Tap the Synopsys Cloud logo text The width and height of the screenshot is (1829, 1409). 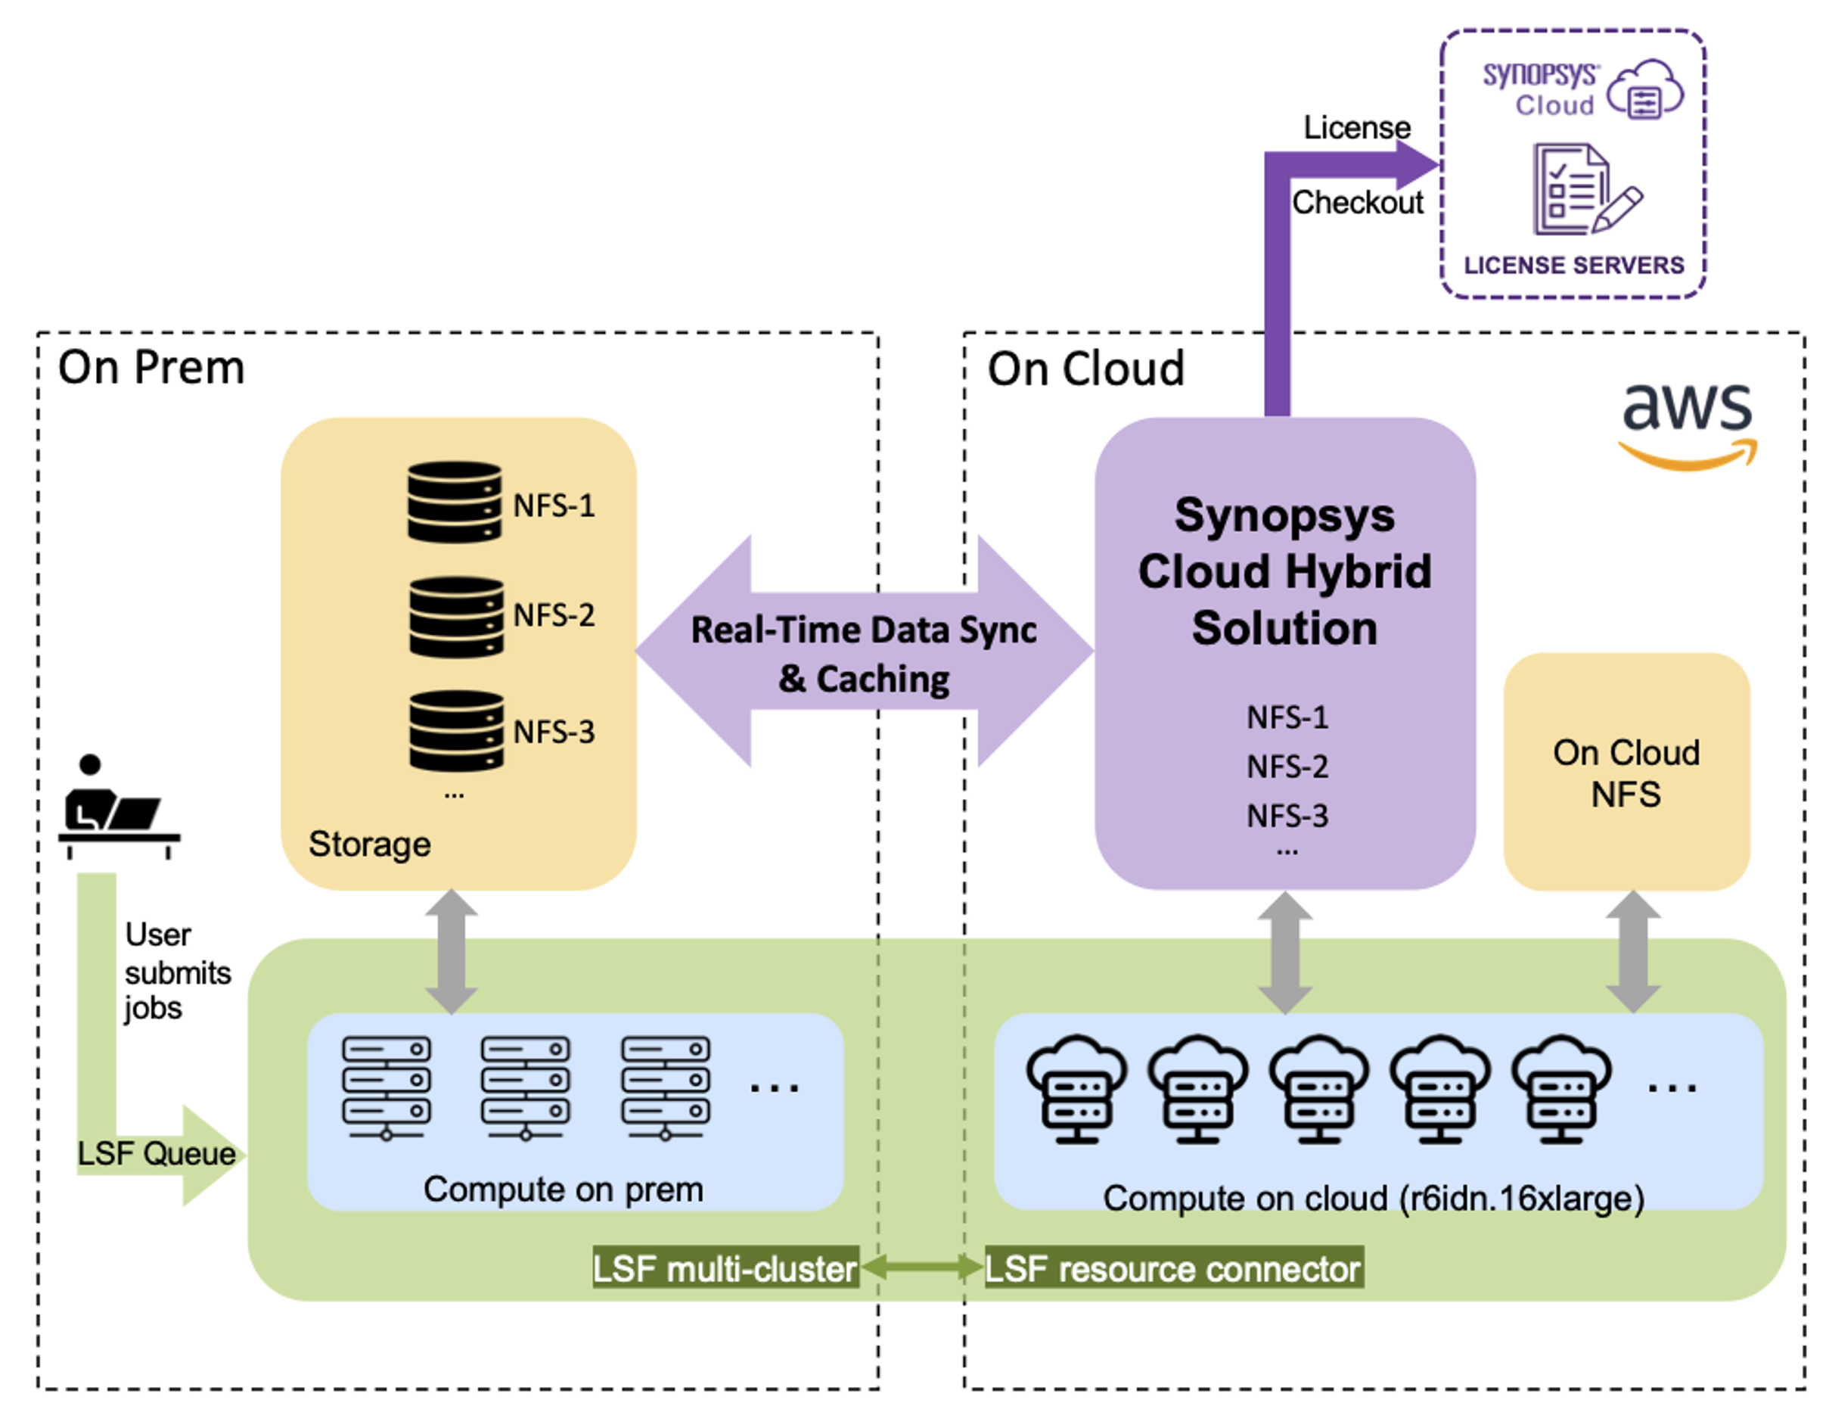[1540, 89]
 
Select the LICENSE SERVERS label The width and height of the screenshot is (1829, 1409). [1573, 265]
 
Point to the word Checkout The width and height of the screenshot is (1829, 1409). [1357, 202]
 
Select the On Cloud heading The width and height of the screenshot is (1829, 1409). [1085, 369]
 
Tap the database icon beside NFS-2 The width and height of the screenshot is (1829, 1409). [455, 617]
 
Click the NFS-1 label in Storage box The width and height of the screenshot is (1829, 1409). [554, 505]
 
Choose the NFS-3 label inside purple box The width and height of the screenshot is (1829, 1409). [1287, 815]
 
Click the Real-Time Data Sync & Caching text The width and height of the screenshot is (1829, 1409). [863, 653]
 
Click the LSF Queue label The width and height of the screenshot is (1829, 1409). [157, 1153]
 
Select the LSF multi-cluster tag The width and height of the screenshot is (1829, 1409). [725, 1268]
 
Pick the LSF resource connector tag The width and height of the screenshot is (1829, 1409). [1172, 1268]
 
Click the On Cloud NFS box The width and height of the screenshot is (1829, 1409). [1626, 772]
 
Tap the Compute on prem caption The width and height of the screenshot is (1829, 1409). [563, 1189]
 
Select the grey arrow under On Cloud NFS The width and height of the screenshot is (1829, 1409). [1632, 952]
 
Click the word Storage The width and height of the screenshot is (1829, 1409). [369, 844]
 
